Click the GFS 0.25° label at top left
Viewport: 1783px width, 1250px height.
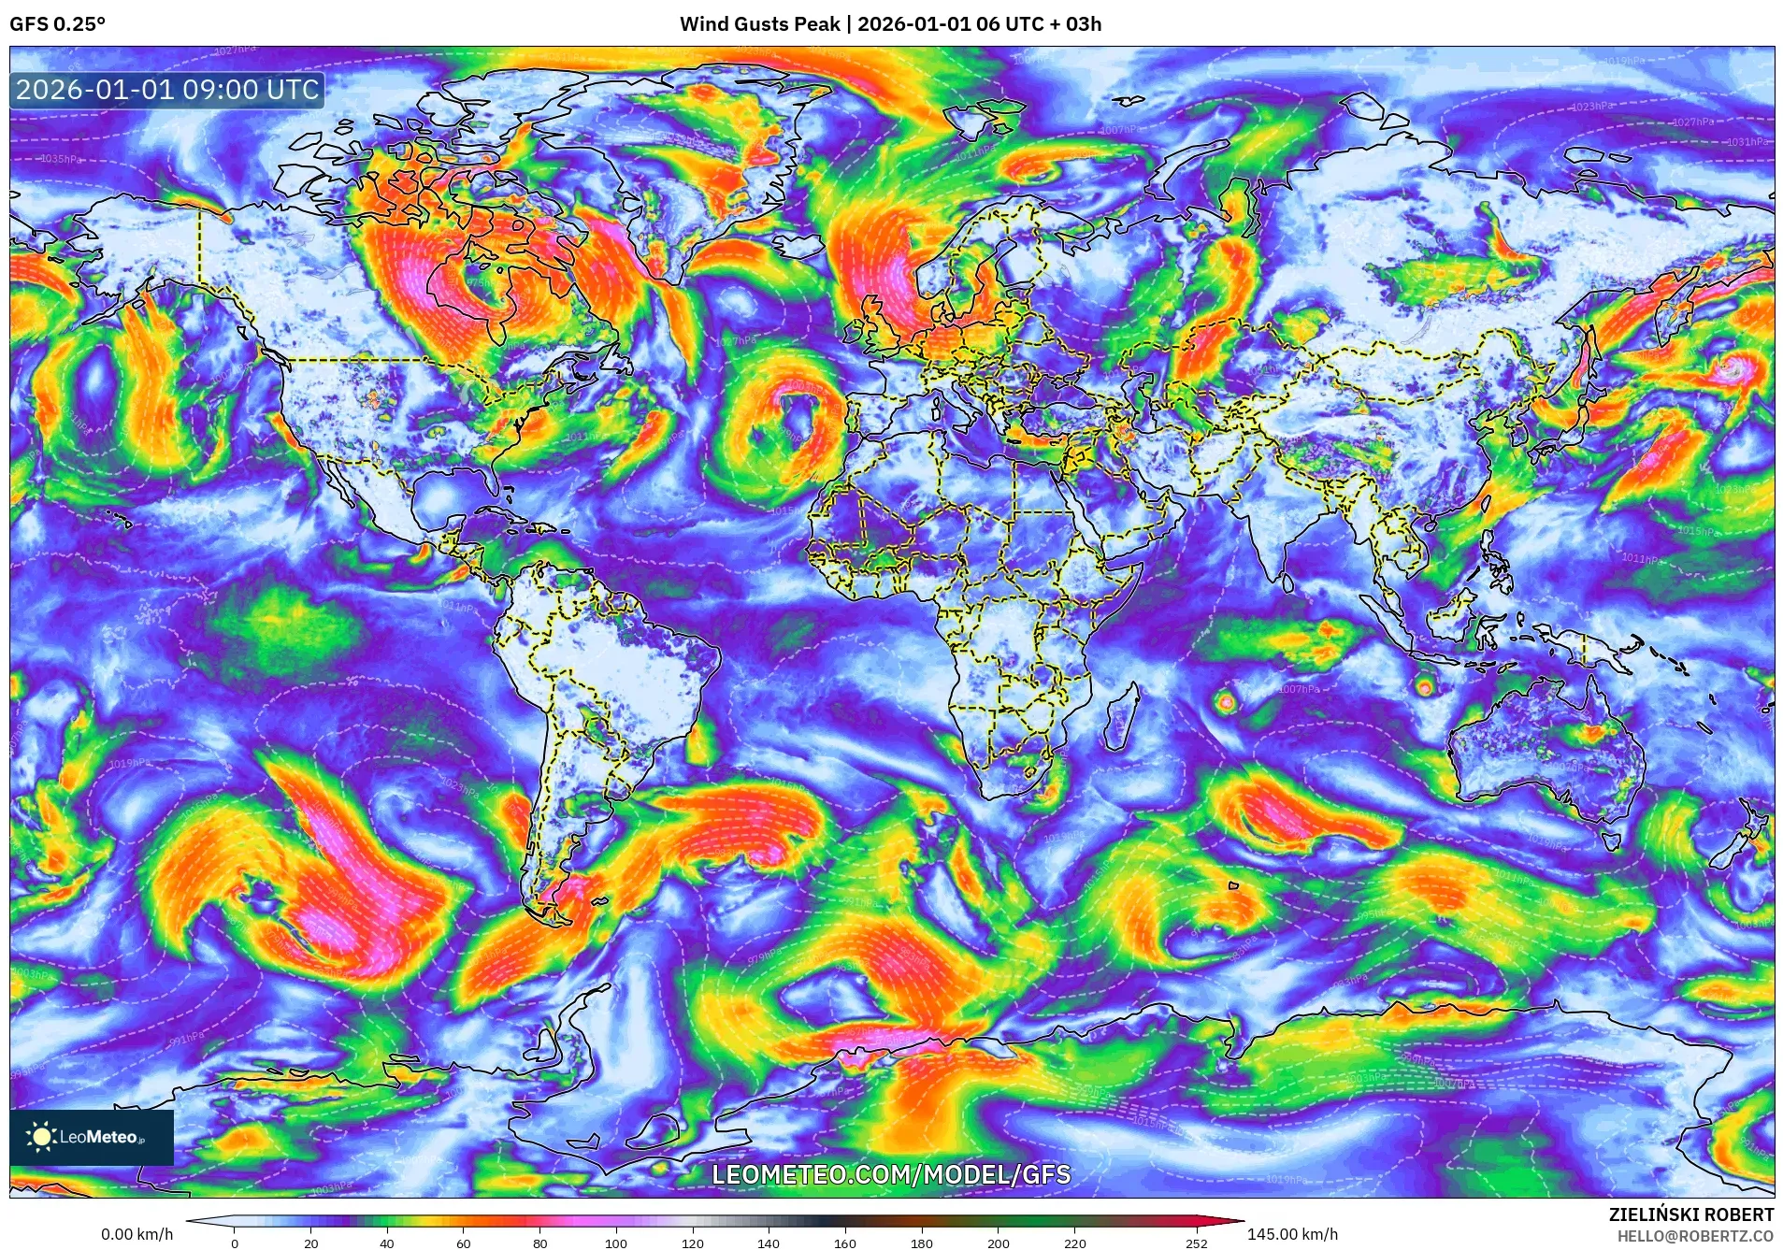[x=57, y=24]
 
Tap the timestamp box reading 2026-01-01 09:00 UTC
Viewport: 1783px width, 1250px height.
[x=167, y=90]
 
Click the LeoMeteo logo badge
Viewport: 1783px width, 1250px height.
[x=92, y=1137]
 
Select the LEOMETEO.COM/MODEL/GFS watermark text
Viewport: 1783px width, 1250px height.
[x=890, y=1174]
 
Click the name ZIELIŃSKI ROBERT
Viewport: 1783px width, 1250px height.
[x=1690, y=1214]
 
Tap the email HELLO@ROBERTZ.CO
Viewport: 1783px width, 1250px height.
[x=1695, y=1236]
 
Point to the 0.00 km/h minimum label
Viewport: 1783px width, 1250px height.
[x=137, y=1234]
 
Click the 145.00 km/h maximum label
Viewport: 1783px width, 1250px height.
[x=1292, y=1234]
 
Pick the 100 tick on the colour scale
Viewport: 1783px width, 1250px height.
[x=615, y=1243]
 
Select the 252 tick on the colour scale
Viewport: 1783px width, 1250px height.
[x=1197, y=1243]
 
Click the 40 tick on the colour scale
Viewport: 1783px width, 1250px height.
[x=387, y=1243]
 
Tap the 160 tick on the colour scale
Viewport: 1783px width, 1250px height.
[x=844, y=1243]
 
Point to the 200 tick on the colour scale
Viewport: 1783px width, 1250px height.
[x=998, y=1243]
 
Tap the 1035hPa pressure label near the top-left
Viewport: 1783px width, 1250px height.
[x=61, y=159]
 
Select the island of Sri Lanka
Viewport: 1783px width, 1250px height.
[x=1287, y=582]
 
